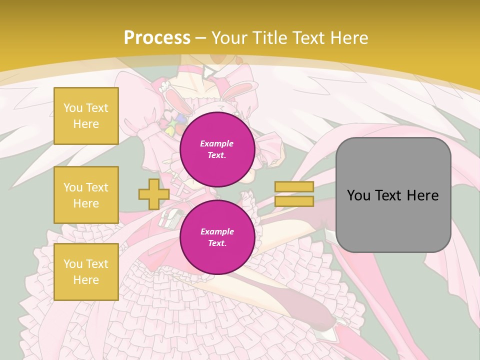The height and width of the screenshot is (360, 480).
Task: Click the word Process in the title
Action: (x=157, y=38)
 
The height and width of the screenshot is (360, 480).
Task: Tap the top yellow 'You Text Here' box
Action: (x=86, y=116)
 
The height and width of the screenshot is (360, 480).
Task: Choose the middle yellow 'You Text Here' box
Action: (x=86, y=195)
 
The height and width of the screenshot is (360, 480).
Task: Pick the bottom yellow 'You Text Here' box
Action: (x=86, y=272)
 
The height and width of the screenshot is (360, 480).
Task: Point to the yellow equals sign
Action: (x=294, y=194)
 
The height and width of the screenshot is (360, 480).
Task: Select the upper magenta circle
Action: (x=217, y=149)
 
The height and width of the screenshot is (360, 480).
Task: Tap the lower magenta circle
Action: (x=217, y=237)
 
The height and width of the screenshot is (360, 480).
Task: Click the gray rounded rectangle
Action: (x=393, y=195)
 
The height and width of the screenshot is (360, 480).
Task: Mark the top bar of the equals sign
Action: (x=294, y=187)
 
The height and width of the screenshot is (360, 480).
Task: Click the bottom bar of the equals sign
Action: (x=294, y=201)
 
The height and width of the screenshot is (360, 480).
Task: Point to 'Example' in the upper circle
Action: (x=217, y=143)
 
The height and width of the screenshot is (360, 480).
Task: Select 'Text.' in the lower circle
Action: (x=217, y=243)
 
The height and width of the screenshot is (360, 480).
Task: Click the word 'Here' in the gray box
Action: (x=422, y=195)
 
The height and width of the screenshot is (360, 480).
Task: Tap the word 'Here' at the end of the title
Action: (x=347, y=38)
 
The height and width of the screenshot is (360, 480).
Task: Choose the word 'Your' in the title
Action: (x=229, y=38)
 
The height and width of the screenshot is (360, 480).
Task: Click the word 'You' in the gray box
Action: (x=359, y=195)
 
